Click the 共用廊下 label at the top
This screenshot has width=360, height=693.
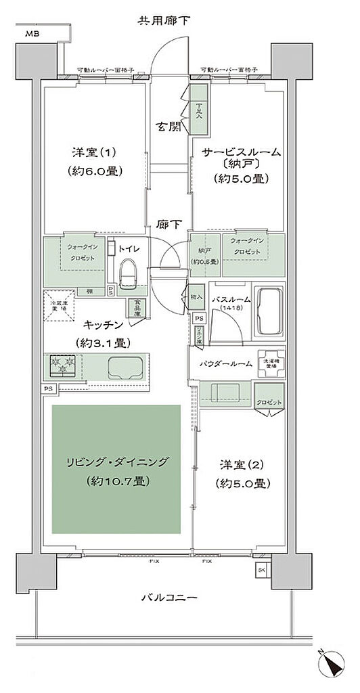click(164, 21)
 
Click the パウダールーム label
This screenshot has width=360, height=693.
click(227, 363)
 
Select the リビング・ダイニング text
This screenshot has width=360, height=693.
click(118, 464)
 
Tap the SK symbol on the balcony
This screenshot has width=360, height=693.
click(261, 570)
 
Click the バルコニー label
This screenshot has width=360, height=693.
click(168, 598)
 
